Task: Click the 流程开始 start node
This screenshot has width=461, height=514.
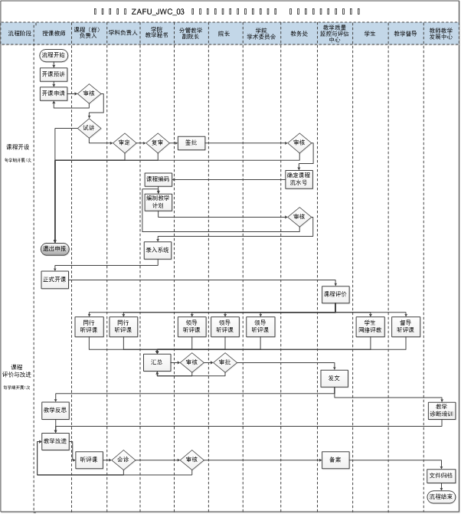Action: click(54, 56)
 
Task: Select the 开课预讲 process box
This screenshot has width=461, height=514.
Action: click(54, 74)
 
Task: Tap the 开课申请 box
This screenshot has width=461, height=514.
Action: click(54, 93)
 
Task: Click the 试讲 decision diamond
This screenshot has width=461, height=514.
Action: click(88, 128)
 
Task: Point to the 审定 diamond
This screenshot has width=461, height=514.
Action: click(123, 142)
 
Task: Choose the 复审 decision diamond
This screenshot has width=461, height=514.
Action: click(157, 142)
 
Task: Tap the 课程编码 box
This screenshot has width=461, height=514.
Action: click(158, 179)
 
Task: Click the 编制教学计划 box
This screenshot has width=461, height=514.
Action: click(158, 202)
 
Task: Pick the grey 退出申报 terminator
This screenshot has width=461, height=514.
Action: click(54, 249)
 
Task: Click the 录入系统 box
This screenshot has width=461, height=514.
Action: click(158, 249)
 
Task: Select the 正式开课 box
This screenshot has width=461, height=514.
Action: click(54, 280)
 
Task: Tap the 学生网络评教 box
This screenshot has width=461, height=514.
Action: click(370, 326)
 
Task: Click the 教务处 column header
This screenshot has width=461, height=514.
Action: click(298, 34)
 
